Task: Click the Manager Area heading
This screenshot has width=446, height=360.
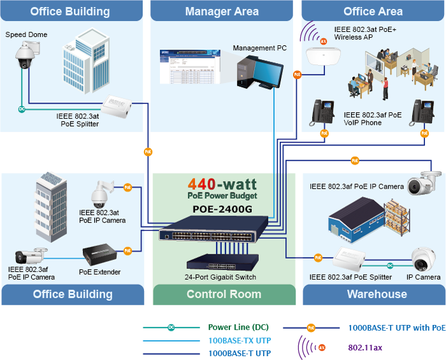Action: click(222, 11)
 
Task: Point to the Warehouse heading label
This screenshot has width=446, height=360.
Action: click(377, 294)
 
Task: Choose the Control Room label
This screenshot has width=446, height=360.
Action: click(224, 294)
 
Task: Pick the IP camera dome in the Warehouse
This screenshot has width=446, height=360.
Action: click(422, 259)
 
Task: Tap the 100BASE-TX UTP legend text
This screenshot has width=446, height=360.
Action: click(240, 340)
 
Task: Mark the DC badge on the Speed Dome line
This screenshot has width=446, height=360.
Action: click(22, 109)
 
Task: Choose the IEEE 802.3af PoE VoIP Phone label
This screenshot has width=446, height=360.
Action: click(373, 119)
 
